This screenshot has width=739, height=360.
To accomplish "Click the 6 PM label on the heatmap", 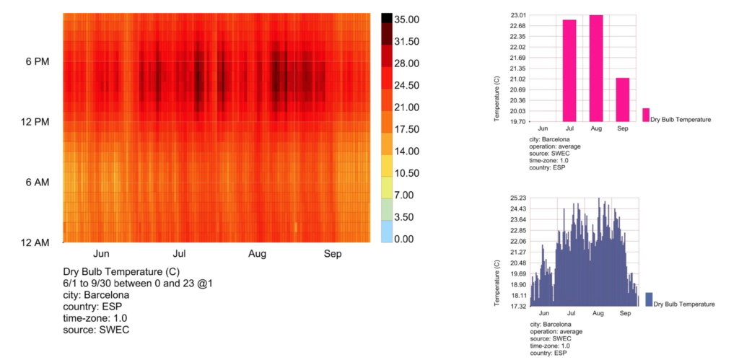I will [x=37, y=62].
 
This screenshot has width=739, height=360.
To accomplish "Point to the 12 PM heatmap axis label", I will [x=35, y=122].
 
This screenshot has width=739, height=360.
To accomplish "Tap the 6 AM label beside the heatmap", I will [x=37, y=183].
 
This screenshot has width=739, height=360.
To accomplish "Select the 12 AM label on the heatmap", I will [x=35, y=242].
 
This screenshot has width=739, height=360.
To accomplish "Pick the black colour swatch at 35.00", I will [x=387, y=19].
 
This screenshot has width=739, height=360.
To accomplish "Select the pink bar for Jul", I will [x=569, y=71].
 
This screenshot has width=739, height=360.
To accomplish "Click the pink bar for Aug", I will [x=596, y=69].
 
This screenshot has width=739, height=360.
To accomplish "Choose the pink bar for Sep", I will [x=623, y=100].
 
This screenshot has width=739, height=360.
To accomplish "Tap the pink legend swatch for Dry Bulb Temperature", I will [x=646, y=115].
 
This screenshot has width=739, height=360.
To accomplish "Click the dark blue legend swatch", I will [x=649, y=299].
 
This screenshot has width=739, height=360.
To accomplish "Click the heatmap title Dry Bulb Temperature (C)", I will [x=121, y=272].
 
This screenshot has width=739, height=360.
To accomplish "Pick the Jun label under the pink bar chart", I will [x=543, y=128].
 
